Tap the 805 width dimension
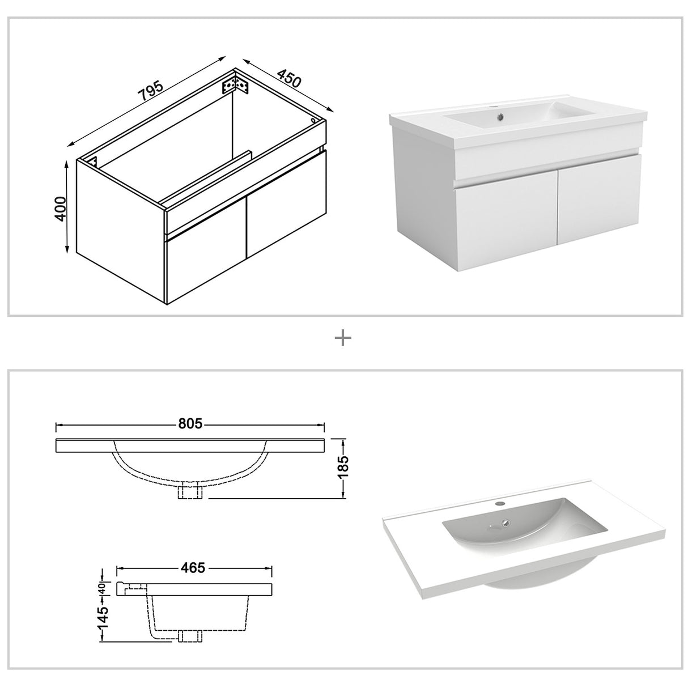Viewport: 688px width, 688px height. click(190, 424)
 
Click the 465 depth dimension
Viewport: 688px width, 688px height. click(193, 567)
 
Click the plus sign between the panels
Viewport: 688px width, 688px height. click(343, 338)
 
